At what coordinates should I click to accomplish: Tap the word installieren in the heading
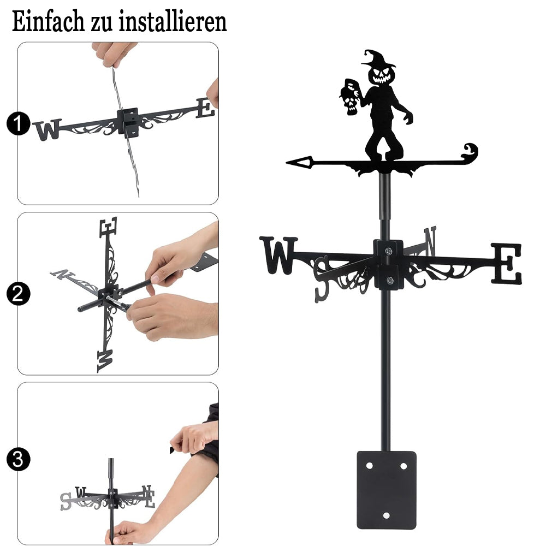[173, 22]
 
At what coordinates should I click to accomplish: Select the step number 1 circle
[19, 123]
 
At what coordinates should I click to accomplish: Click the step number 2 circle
[19, 293]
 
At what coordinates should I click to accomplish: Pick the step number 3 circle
[19, 459]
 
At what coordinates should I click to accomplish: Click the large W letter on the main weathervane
[278, 255]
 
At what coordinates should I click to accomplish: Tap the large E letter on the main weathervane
[507, 263]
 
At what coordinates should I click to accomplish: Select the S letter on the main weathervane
[322, 279]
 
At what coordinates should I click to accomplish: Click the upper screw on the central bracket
[388, 251]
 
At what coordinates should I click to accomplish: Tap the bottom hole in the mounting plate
[386, 515]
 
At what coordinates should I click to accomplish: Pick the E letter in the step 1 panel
[205, 108]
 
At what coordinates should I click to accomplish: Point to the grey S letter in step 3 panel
[66, 501]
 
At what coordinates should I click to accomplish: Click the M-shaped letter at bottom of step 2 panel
[105, 361]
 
